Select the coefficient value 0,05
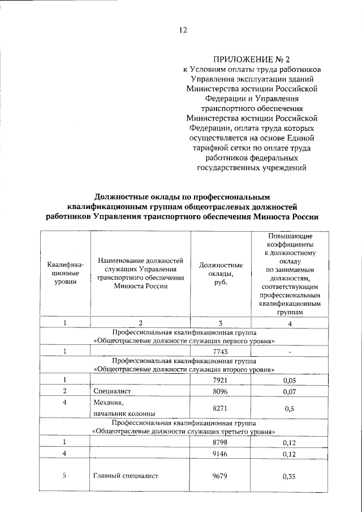[x=289, y=379]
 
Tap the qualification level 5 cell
[x=65, y=476]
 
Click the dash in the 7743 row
[x=289, y=352]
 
